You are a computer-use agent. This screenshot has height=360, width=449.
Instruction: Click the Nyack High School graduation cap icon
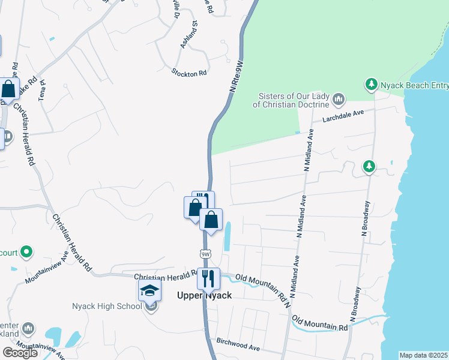pyautogui.click(x=149, y=292)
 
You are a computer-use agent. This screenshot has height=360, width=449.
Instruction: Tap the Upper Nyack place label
pyautogui.click(x=204, y=295)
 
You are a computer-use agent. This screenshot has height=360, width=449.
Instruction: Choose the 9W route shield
pyautogui.click(x=206, y=254)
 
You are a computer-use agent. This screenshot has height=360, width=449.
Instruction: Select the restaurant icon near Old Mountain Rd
pyautogui.click(x=209, y=278)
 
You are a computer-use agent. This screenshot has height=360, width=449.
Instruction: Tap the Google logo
pyautogui.click(x=20, y=352)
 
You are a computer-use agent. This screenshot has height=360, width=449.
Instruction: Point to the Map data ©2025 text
pyautogui.click(x=424, y=355)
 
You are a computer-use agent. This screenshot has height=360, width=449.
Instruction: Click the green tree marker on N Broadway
pyautogui.click(x=369, y=166)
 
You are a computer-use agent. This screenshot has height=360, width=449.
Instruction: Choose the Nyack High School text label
pyautogui.click(x=106, y=307)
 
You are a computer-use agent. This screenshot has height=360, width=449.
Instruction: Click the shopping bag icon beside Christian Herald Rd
pyautogui.click(x=9, y=89)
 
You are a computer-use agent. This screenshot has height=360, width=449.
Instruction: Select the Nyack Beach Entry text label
pyautogui.click(x=414, y=86)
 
